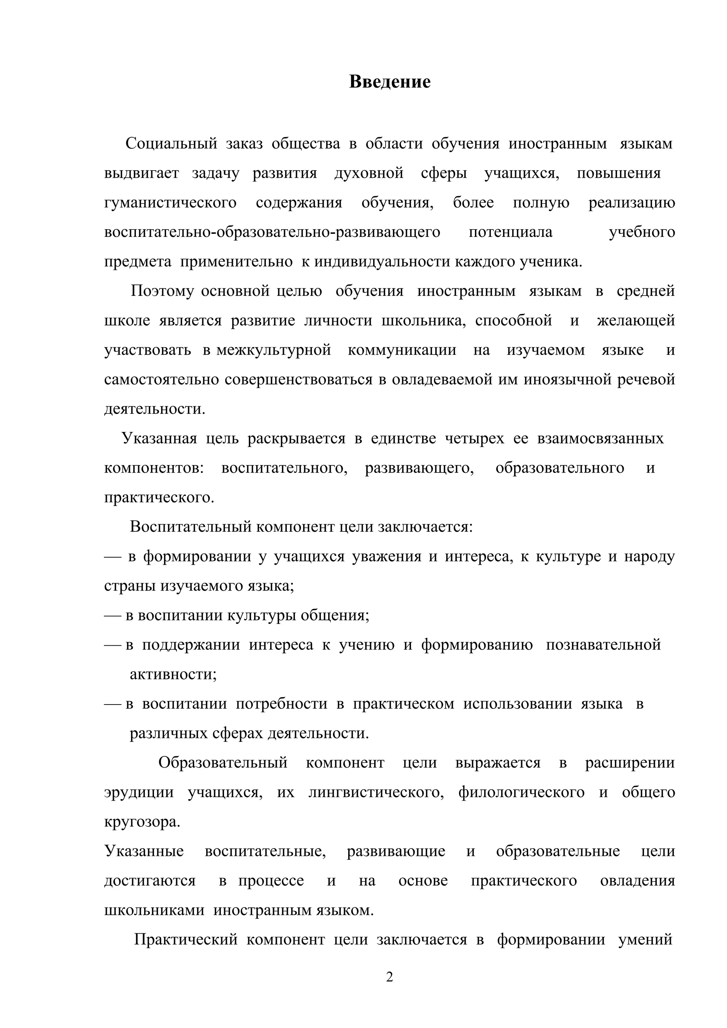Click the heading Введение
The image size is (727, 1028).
click(389, 82)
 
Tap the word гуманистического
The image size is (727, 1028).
click(170, 203)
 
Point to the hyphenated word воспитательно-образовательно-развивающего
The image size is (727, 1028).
click(272, 232)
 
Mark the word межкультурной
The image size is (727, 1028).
click(273, 350)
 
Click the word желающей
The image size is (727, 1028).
click(636, 321)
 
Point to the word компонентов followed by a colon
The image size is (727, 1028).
click(154, 468)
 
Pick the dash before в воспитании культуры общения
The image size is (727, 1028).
click(113, 616)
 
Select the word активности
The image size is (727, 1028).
click(173, 674)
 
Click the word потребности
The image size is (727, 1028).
click(281, 704)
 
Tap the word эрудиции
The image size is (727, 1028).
click(139, 792)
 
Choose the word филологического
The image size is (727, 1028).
click(521, 792)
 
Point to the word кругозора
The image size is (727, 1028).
click(142, 822)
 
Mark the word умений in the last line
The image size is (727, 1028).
click(645, 939)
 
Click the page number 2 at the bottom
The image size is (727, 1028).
click(389, 977)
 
